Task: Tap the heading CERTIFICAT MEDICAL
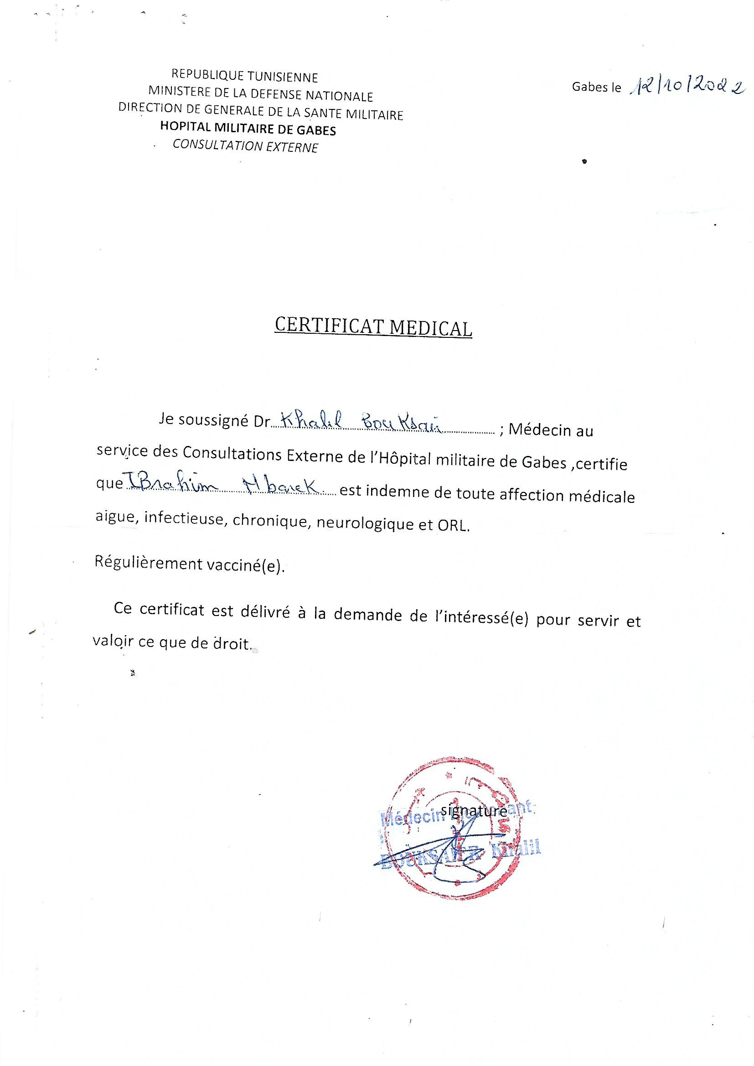click(x=373, y=327)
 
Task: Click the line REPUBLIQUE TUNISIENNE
click(x=245, y=76)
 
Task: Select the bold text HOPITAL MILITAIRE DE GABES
click(x=248, y=129)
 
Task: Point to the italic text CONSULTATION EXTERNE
click(x=246, y=146)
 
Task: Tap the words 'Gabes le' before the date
click(x=596, y=87)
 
